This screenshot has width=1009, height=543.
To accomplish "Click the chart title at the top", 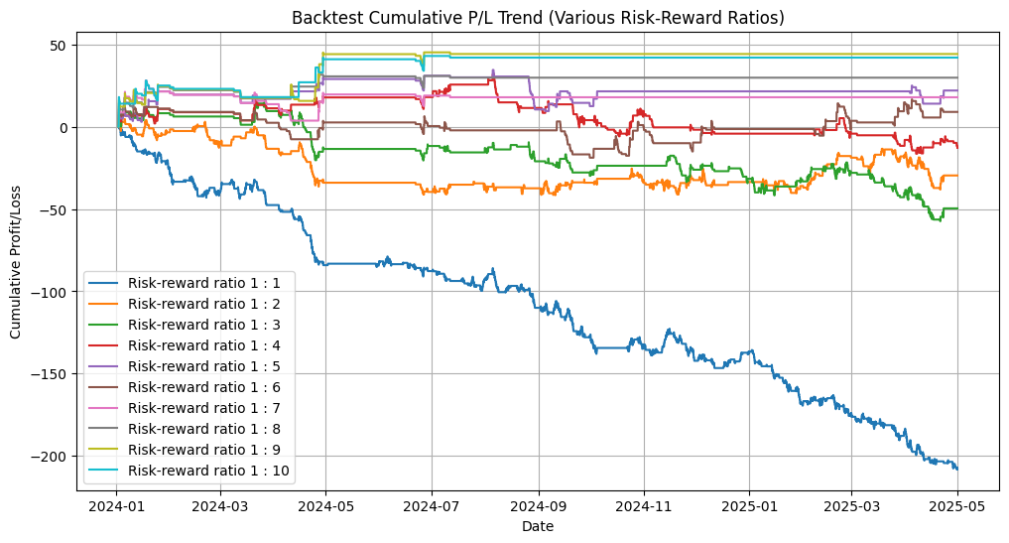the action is [x=538, y=18].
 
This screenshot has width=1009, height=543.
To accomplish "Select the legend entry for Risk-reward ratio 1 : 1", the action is [x=188, y=283].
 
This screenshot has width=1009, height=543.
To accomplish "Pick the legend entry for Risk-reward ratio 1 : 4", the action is [x=188, y=345].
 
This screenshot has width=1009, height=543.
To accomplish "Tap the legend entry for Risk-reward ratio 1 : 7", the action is [x=188, y=408].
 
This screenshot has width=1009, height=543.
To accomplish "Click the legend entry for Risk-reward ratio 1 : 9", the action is [x=188, y=450].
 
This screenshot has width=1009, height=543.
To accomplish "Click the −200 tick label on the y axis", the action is [x=50, y=456].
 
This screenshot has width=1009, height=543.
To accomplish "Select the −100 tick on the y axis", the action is [x=50, y=292].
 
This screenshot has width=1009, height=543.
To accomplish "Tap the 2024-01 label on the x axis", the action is [x=116, y=506].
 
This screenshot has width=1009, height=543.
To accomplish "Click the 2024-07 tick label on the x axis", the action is [x=432, y=506].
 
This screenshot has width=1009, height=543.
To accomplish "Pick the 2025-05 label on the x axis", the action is [x=956, y=506].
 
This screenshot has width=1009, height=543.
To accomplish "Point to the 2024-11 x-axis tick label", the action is [x=644, y=506].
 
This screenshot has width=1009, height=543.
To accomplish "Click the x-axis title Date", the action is [x=538, y=526].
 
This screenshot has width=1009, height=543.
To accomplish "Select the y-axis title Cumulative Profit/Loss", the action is [x=15, y=262].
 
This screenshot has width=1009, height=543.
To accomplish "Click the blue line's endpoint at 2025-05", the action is [x=956, y=470].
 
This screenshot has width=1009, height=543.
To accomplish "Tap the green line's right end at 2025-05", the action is [x=956, y=208].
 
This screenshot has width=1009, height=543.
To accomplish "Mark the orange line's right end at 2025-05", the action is [x=956, y=175].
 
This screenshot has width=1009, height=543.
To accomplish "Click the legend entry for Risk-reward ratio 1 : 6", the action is [x=188, y=387].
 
